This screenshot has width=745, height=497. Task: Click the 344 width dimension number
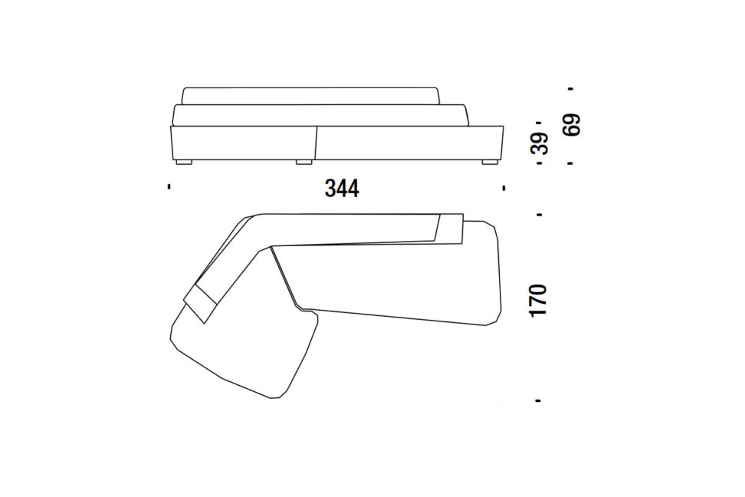[x=342, y=189]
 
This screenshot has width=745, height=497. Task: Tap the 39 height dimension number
[x=540, y=143]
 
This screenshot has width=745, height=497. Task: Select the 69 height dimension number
[x=572, y=124]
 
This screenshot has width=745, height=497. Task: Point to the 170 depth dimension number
[x=538, y=300]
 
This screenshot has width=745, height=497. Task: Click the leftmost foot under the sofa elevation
[x=183, y=162]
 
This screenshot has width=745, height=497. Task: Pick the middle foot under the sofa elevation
[x=304, y=162]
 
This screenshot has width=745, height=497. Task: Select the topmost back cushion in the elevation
[x=311, y=96]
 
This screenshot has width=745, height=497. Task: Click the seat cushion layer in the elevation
[x=320, y=115]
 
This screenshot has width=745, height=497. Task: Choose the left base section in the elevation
[x=243, y=143]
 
